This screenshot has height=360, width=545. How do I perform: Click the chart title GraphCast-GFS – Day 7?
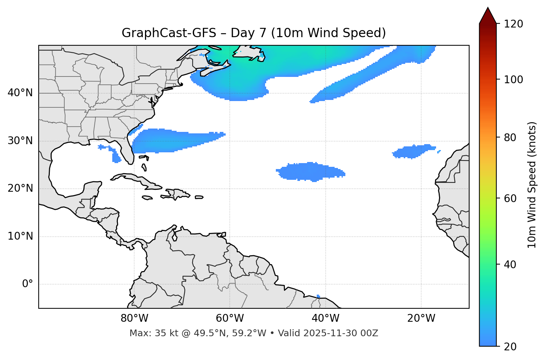(x=254, y=33)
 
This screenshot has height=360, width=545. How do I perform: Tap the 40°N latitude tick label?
(x=20, y=93)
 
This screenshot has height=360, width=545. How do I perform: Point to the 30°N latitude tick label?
(x=20, y=141)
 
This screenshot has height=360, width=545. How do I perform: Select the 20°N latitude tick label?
(x=20, y=188)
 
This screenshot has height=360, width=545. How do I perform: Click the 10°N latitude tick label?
(x=20, y=236)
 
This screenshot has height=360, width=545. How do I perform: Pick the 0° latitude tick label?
(x=28, y=284)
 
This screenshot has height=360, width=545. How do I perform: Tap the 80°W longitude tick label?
(x=134, y=318)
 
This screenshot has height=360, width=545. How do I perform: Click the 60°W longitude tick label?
(x=230, y=318)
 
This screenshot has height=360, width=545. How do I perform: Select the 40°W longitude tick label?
(x=326, y=318)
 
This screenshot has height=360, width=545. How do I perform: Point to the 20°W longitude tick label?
(x=421, y=318)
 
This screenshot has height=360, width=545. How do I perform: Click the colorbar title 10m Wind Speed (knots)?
(x=532, y=185)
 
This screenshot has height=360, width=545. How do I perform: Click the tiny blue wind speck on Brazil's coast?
(x=318, y=296)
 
